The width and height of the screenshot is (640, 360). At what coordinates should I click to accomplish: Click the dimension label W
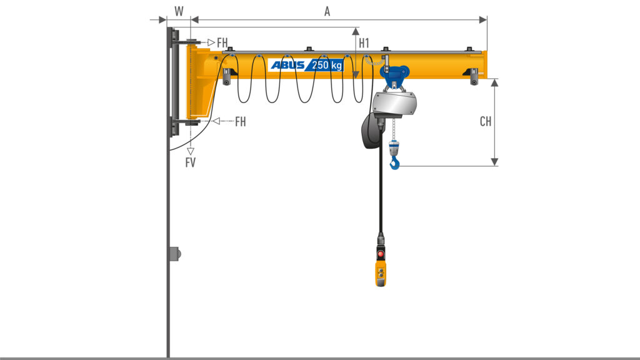tap(179, 11)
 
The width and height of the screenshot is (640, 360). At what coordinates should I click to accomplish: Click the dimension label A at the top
tap(327, 11)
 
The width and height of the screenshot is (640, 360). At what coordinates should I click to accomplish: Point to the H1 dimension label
tap(364, 43)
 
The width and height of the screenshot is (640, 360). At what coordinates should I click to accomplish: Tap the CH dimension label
tap(486, 121)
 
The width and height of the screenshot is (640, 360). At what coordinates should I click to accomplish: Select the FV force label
tap(190, 162)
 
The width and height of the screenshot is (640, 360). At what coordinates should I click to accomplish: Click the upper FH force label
tap(222, 42)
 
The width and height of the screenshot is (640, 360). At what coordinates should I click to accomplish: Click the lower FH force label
tap(241, 121)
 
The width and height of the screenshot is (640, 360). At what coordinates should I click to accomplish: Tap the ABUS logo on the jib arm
tap(287, 65)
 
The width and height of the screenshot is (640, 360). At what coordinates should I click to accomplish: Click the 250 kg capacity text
tap(327, 65)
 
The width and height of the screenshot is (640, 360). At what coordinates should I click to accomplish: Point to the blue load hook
tap(395, 163)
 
